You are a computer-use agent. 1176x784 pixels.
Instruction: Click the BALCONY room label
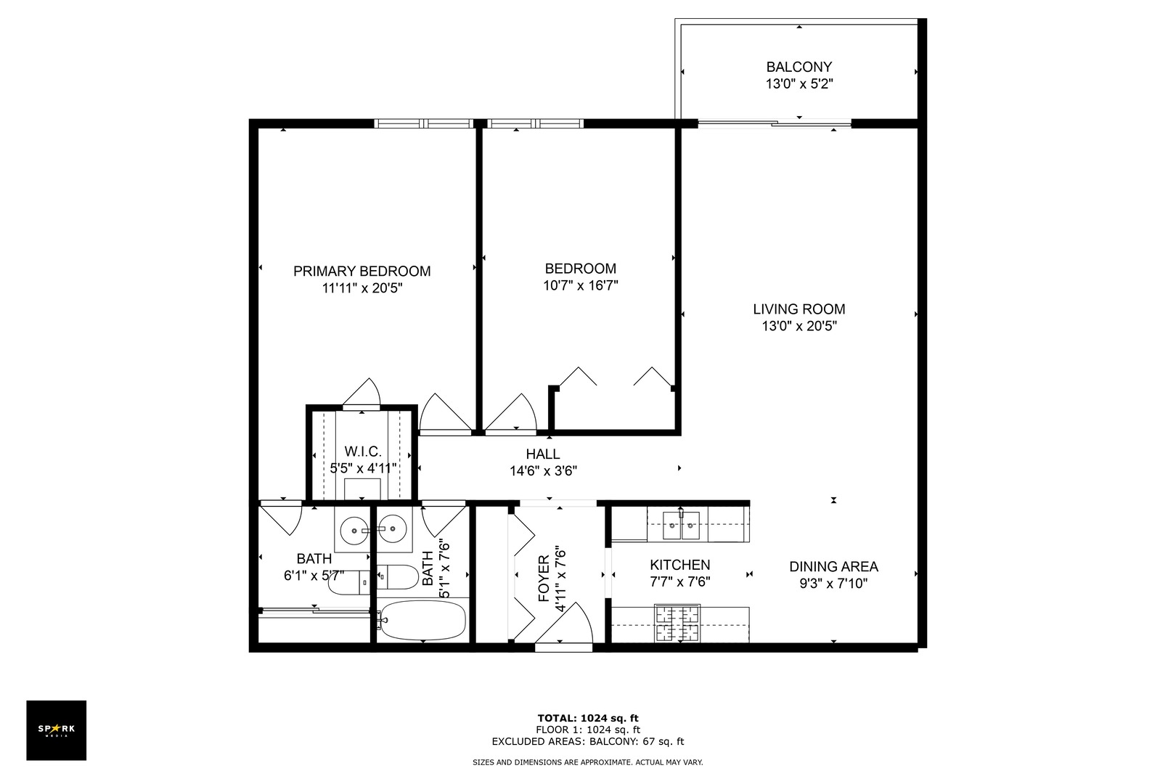799,67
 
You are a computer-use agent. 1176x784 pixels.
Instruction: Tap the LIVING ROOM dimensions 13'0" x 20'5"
799,327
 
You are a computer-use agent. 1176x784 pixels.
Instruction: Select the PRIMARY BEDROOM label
362,271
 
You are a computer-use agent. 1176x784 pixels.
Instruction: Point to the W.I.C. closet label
362,452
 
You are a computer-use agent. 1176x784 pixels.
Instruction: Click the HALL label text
543,454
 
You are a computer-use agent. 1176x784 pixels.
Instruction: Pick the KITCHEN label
679,565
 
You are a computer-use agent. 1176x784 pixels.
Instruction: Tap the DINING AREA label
833,566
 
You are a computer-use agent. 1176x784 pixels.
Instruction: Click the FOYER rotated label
544,579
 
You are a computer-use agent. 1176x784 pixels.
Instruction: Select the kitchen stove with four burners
678,623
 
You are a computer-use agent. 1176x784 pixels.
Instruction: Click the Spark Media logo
57,730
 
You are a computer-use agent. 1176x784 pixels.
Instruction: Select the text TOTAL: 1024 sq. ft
588,718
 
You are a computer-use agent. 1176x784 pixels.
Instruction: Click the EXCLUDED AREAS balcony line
588,741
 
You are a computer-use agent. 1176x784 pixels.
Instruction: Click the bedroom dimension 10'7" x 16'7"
580,286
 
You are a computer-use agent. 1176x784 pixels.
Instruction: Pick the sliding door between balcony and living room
774,124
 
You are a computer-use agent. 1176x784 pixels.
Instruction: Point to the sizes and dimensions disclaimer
588,762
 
